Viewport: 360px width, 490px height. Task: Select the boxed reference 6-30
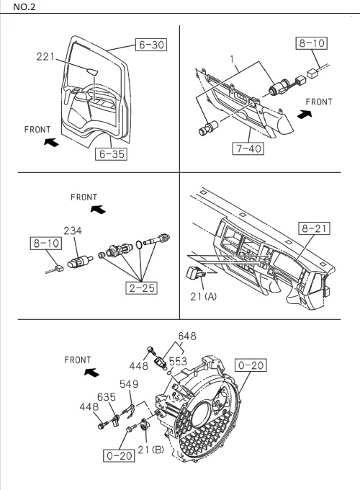[150, 45]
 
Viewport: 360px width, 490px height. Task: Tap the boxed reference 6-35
[110, 153]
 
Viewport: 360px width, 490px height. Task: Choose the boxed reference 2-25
[141, 288]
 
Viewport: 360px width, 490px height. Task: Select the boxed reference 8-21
[314, 229]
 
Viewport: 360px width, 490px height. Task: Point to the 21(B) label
[153, 450]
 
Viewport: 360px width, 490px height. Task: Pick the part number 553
[178, 360]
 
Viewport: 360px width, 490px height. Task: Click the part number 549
[129, 384]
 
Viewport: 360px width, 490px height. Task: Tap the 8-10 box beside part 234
[45, 244]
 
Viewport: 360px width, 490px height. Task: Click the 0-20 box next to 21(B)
[119, 455]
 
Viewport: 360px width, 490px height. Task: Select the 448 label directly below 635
[89, 407]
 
